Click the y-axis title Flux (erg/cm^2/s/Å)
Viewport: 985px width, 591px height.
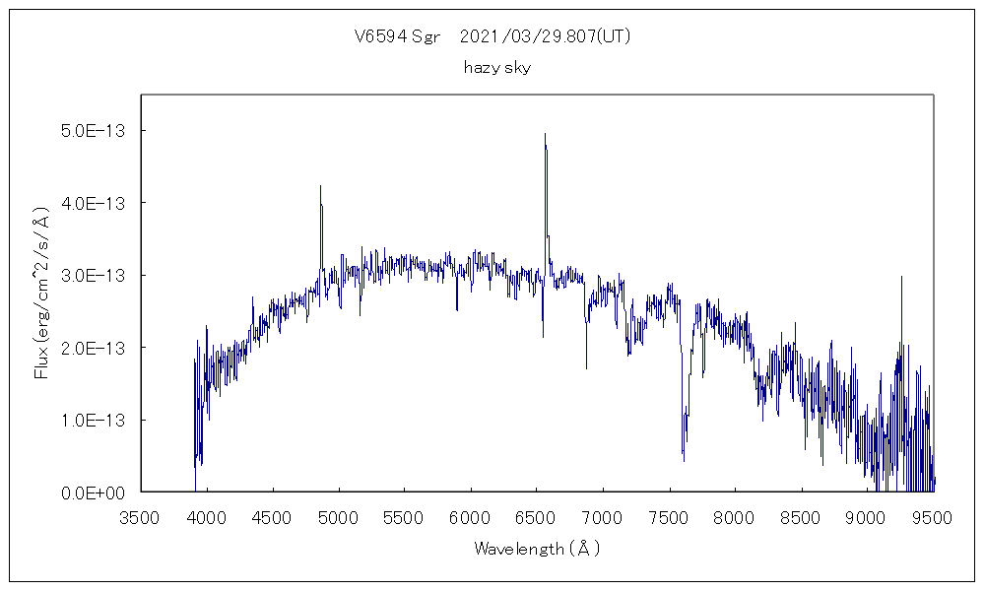coord(41,294)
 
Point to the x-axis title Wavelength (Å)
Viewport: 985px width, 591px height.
coord(537,549)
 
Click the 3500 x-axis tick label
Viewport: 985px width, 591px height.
coord(140,518)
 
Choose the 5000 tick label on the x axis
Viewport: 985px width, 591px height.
coord(339,518)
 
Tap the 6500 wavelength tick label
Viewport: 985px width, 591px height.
coord(537,518)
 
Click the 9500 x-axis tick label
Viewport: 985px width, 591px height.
coord(933,518)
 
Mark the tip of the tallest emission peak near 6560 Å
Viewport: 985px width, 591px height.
coord(545,134)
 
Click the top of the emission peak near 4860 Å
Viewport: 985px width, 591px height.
coord(320,185)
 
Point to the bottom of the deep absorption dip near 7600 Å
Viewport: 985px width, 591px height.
coord(684,460)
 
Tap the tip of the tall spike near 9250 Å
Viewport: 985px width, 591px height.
coord(901,277)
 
